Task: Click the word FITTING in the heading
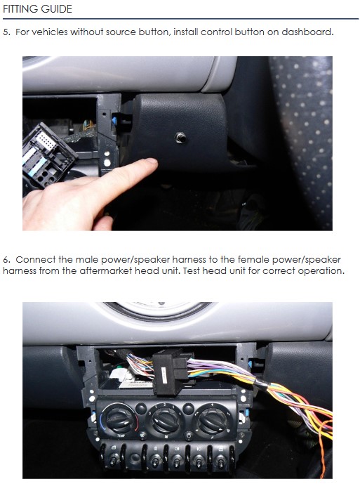22,8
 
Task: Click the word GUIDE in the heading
58,8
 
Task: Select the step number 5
6,32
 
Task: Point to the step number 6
6,260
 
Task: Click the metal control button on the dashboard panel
180,138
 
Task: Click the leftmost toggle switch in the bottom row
113,459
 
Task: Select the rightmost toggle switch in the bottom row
221,459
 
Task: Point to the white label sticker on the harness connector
164,375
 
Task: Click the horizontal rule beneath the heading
180,19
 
